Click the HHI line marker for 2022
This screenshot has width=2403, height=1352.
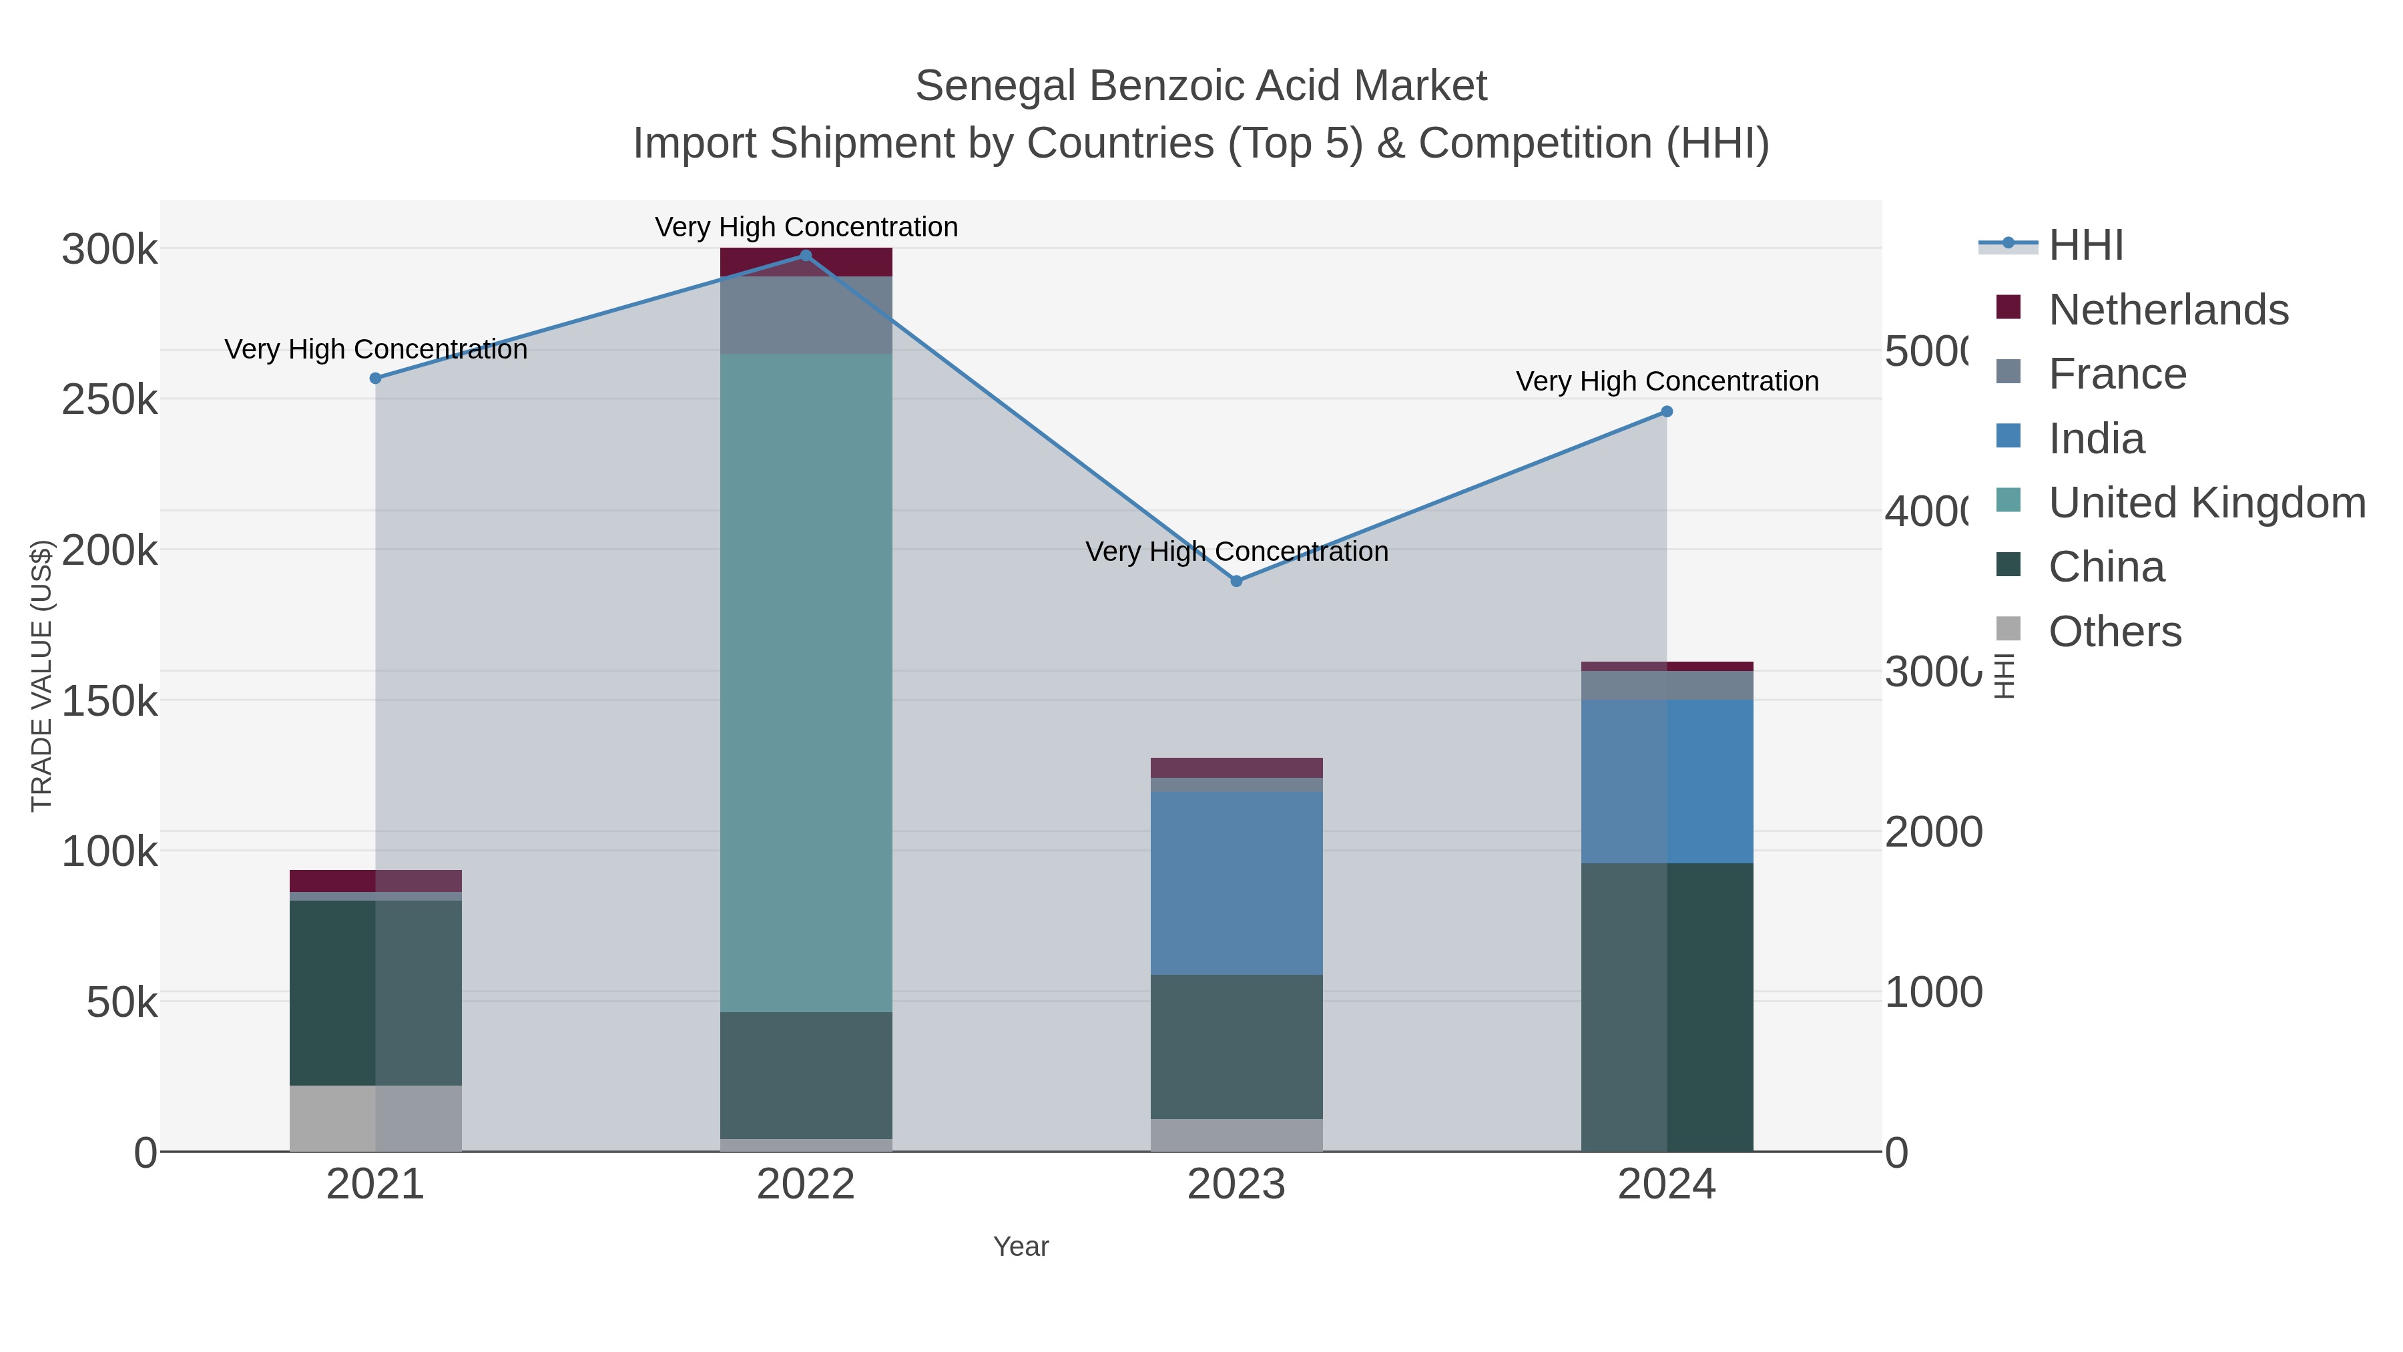(806, 256)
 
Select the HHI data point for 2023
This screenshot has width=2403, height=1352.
(1236, 582)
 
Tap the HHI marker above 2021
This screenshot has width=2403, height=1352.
(376, 379)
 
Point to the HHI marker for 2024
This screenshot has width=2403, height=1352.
(1667, 411)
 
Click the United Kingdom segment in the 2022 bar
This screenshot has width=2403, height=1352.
(806, 681)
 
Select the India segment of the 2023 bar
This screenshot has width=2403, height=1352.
(1236, 883)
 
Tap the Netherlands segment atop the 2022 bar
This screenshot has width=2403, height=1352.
(806, 262)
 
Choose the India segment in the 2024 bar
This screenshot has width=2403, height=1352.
(1667, 781)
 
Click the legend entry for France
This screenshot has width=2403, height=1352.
(2117, 374)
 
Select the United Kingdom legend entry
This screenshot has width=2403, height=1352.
(2206, 503)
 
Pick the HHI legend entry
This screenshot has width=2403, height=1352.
(2086, 246)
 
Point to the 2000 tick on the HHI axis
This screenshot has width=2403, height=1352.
(1933, 833)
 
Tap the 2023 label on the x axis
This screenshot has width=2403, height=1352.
(1236, 1185)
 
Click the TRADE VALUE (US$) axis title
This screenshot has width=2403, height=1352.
(42, 676)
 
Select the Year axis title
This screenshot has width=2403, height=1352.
(1021, 1247)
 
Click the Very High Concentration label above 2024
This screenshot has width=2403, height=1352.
(1667, 382)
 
